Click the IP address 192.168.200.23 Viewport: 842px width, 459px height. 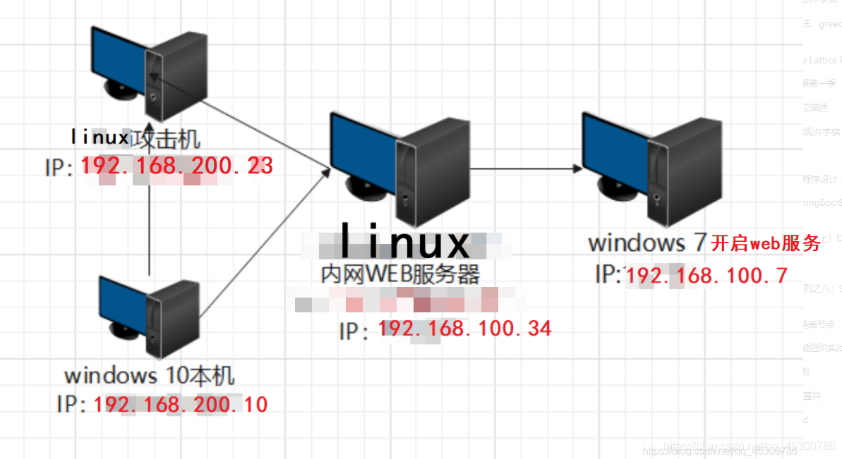[176, 166]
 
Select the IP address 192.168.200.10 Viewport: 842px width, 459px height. [180, 404]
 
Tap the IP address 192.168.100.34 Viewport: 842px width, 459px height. [465, 328]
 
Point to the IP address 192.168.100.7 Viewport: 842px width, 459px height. [706, 275]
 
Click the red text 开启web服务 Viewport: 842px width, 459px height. [765, 243]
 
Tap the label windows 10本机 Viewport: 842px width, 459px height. [149, 374]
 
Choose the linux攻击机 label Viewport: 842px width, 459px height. [135, 136]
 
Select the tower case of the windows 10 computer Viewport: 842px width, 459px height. [173, 317]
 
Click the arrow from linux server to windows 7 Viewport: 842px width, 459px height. [526, 169]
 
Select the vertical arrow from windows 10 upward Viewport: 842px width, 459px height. [150, 226]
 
